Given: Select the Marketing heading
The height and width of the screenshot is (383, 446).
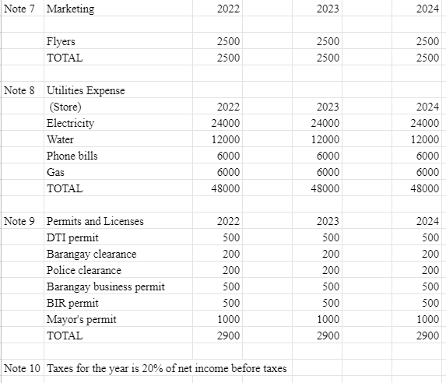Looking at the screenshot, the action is (70, 9).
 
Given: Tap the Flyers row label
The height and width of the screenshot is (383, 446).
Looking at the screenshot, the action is (61, 41).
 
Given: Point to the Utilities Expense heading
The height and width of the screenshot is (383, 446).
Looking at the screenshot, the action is (86, 91).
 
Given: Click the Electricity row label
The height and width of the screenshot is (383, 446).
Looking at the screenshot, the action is (70, 124).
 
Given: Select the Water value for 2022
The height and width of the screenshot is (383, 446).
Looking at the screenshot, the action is (226, 140).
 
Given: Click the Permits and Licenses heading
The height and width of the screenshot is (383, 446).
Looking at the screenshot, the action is (95, 221).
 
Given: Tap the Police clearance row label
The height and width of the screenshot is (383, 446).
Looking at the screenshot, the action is (84, 270).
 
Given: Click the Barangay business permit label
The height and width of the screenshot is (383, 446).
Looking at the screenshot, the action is (105, 286).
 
